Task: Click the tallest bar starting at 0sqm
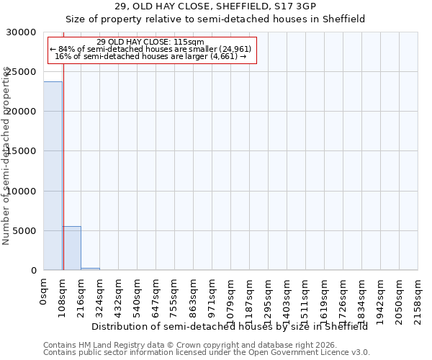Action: pos(53,176)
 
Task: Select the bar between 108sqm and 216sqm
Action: pos(71,248)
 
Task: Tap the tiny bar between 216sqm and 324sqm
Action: pos(90,269)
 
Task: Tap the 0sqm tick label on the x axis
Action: pos(44,293)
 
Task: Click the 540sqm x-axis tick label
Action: pos(138,296)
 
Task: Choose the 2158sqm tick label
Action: pos(418,298)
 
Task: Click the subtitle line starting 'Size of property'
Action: pos(216,19)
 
